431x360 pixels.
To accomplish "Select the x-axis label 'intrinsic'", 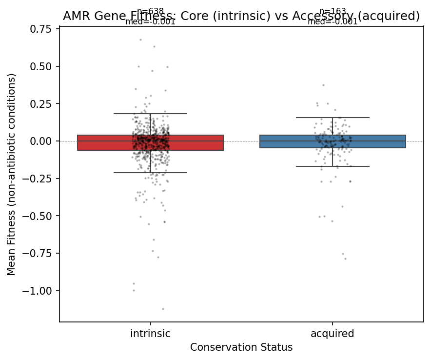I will pyautogui.click(x=150, y=334).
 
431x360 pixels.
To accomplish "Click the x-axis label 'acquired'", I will pyautogui.click(x=333, y=334).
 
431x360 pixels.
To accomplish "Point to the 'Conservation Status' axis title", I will pyautogui.click(x=241, y=347).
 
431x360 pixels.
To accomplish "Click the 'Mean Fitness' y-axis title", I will pyautogui.click(x=11, y=174).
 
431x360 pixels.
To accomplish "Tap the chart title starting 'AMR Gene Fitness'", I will pyautogui.click(x=241, y=16).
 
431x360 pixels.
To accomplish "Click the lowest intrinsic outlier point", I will pyautogui.click(x=163, y=309).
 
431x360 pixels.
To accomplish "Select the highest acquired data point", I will pyautogui.click(x=323, y=85).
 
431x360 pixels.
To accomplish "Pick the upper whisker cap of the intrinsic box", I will pyautogui.click(x=150, y=114).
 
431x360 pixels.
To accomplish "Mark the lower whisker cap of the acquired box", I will pyautogui.click(x=333, y=166).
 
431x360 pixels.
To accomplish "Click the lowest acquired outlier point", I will pyautogui.click(x=345, y=259).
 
